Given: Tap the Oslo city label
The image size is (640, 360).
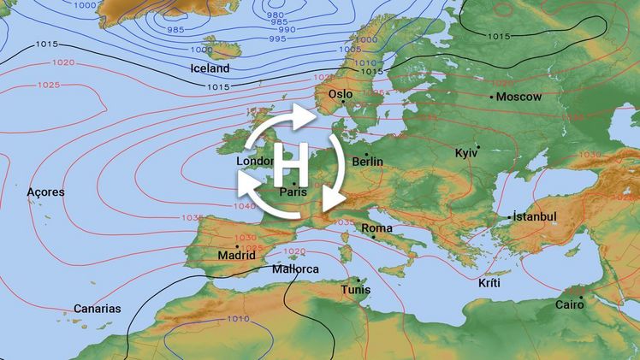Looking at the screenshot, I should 341,94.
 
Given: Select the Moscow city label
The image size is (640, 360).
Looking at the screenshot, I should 519,97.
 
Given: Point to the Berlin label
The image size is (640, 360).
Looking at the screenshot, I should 367,162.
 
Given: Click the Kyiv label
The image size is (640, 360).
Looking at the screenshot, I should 466,152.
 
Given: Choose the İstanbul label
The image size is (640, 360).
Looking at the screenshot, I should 536,217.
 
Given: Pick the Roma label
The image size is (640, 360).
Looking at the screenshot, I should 376,228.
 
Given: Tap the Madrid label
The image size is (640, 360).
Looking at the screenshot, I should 237,255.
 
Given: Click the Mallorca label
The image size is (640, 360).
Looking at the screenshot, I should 295,269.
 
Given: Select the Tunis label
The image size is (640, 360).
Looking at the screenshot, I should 356,291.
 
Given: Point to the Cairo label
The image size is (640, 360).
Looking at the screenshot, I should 570,304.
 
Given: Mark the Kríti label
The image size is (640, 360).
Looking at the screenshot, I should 489,283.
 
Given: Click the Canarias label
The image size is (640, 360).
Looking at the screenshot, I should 97,309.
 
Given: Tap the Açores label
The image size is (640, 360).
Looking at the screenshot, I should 45,192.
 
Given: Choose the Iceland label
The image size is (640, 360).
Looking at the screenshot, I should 210,68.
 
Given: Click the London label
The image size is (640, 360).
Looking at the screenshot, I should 254,161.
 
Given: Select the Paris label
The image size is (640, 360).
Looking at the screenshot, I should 293,192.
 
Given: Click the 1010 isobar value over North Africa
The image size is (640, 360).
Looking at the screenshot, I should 240,319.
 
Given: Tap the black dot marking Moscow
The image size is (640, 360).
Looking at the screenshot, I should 492,97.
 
